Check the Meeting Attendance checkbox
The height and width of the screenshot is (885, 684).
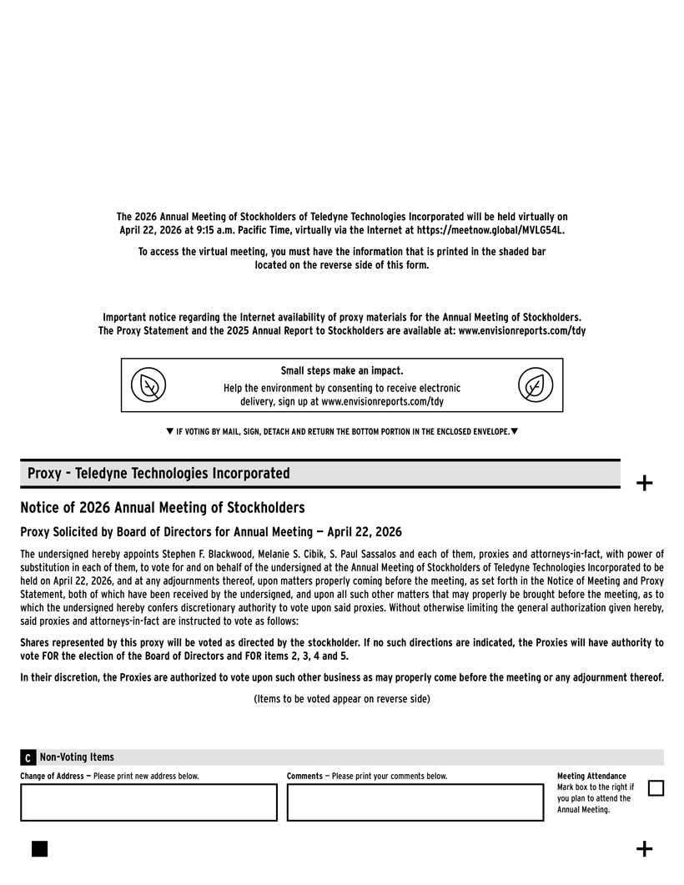pos(656,788)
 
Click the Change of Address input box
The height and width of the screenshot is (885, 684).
pos(148,802)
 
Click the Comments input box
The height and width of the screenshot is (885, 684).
pos(415,802)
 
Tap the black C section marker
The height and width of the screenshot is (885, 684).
pos(28,758)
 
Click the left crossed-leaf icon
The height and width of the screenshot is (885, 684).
pos(148,385)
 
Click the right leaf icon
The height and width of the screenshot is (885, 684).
pos(535,385)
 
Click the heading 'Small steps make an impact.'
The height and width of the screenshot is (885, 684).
pos(342,371)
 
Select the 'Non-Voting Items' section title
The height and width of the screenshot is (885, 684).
pos(77,757)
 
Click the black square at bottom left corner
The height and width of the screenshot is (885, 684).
pos(39,848)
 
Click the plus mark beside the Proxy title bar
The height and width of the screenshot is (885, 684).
pos(644,483)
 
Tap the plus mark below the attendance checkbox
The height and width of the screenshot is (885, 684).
pos(644,849)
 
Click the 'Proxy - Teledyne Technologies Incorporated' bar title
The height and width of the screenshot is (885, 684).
pos(158,474)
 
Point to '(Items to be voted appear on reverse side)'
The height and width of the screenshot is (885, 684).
pos(342,699)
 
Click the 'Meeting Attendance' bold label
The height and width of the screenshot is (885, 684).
pos(591,777)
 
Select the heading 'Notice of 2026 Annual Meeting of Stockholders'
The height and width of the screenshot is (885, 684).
pos(163,508)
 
